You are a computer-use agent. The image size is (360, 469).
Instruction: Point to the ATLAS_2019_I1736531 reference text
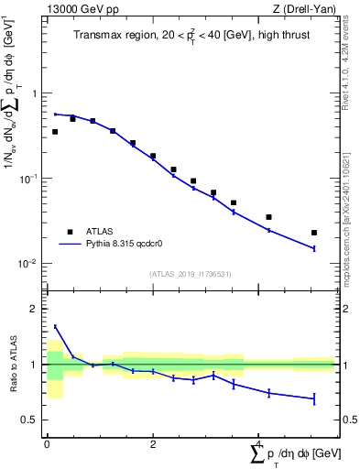coord(190,273)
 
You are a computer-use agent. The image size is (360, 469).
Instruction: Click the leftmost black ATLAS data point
coord(55,132)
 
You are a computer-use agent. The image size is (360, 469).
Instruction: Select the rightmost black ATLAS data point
coord(314,233)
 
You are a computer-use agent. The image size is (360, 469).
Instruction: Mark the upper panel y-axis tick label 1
coord(34,94)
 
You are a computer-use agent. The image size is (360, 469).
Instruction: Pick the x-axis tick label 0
coord(47,444)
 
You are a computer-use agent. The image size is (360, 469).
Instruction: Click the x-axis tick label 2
coord(153,444)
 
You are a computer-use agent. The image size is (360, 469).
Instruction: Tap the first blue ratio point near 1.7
coord(55,326)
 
